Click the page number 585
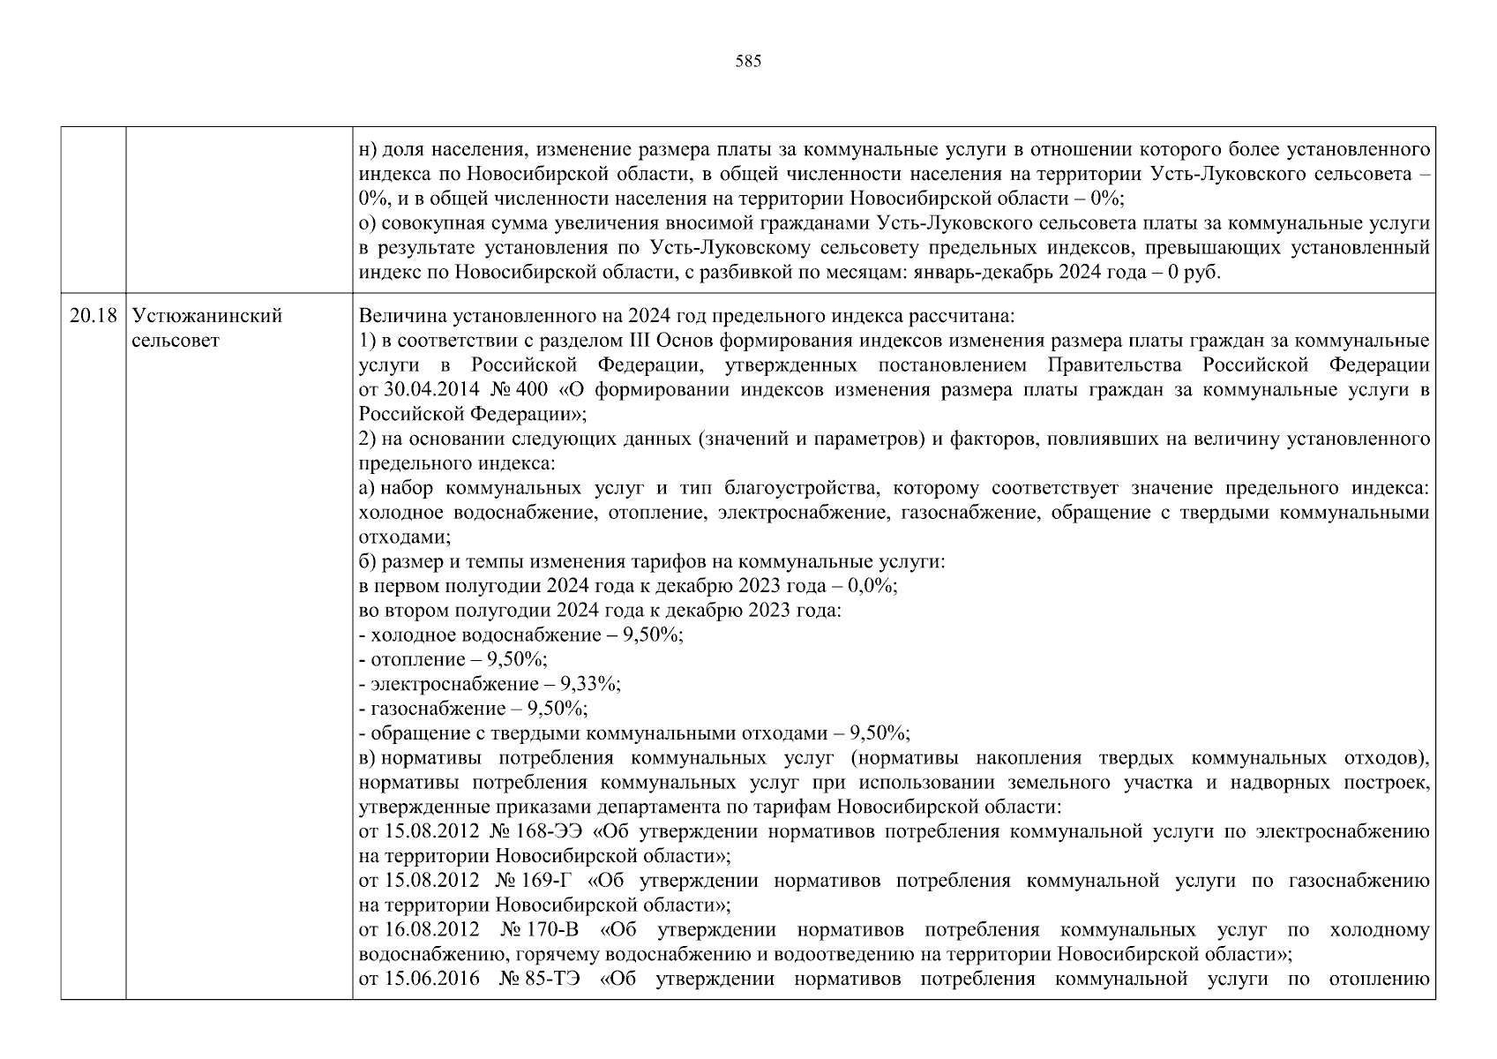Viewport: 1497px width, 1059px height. (x=747, y=62)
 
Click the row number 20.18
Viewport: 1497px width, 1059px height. (x=93, y=316)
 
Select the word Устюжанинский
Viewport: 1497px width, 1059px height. (x=206, y=316)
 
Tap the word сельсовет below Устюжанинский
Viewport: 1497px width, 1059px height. (x=175, y=341)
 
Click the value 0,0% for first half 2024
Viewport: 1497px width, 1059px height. (x=872, y=586)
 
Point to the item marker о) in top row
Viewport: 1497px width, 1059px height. (x=368, y=224)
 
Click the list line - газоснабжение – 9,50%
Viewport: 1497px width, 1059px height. (x=474, y=709)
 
